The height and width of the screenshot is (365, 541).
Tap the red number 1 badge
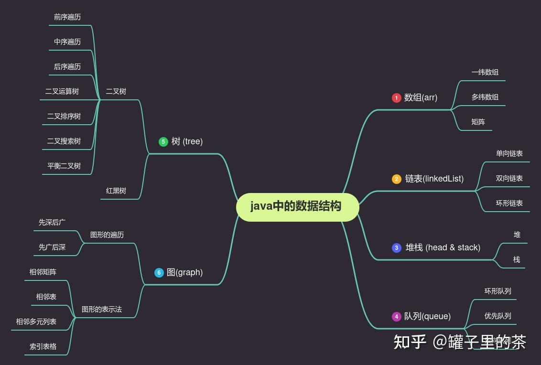[396, 98]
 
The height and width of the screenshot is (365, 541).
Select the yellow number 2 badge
[397, 179]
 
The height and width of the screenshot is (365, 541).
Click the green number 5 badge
[163, 142]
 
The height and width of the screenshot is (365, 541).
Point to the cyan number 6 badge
[159, 273]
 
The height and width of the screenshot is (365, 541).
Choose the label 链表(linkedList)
[434, 179]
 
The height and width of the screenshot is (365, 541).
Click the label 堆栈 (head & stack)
[443, 247]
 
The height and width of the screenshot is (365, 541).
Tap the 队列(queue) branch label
[427, 316]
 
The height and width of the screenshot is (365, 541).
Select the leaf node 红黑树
[116, 191]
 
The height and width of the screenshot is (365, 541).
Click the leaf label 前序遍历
[67, 17]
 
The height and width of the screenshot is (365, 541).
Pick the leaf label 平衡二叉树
[64, 166]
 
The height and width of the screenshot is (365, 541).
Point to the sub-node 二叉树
[116, 91]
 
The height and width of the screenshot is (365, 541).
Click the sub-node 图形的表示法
[102, 309]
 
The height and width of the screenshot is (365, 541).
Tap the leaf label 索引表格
[43, 346]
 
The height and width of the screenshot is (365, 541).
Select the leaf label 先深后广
[52, 222]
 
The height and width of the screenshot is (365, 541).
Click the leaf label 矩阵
[478, 122]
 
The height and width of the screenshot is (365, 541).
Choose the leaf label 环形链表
[509, 203]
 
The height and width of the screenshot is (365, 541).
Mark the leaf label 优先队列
[498, 316]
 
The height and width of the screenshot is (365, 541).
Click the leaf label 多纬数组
[485, 97]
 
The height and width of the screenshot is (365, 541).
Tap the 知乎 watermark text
[410, 342]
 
